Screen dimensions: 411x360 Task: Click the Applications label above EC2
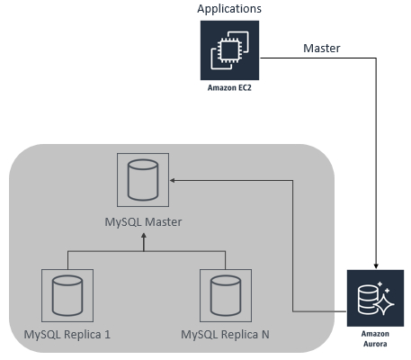pos(229,9)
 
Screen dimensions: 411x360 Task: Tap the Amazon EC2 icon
pos(229,50)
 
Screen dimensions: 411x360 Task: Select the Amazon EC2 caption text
pos(229,87)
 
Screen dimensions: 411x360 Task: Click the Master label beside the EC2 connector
pos(322,48)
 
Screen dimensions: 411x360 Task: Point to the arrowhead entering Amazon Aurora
pos(376,265)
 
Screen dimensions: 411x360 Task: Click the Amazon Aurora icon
pos(375,298)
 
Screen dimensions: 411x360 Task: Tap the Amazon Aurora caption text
pos(375,338)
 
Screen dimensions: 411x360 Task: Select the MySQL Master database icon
pos(143,180)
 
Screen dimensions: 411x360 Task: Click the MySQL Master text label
pos(143,222)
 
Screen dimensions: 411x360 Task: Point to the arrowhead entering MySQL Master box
pos(173,180)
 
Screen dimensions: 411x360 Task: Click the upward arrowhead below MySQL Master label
pos(144,237)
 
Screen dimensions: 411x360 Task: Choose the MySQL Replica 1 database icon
pos(67,295)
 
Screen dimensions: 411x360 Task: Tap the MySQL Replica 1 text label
pos(67,335)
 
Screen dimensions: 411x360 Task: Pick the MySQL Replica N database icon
pos(226,295)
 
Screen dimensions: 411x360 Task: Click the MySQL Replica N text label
pos(225,335)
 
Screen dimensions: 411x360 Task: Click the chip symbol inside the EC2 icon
pos(229,50)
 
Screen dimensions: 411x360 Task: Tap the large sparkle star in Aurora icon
pos(384,305)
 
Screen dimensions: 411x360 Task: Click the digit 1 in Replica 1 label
pos(108,334)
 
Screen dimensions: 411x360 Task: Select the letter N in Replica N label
pos(265,334)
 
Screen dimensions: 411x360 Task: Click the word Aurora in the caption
pos(375,344)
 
